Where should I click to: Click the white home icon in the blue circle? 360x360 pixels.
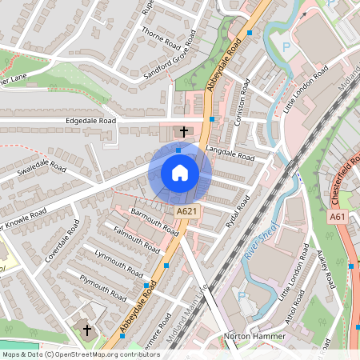180,173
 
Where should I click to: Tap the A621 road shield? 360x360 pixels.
186,210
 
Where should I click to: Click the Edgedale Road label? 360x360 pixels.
90,121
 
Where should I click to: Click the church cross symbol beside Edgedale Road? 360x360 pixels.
184,131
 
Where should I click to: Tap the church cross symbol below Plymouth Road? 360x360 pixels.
87,330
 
